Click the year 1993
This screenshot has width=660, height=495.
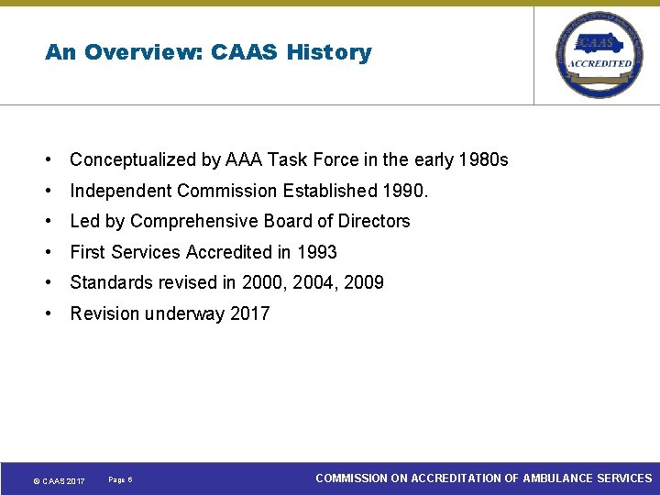coord(316,252)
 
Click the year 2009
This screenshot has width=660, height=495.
coord(364,282)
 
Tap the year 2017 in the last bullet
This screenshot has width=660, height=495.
coord(249,313)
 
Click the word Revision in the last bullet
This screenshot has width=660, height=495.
coord(104,313)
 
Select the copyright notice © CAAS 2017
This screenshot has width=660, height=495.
coord(59,481)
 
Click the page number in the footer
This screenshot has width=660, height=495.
coord(120,480)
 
